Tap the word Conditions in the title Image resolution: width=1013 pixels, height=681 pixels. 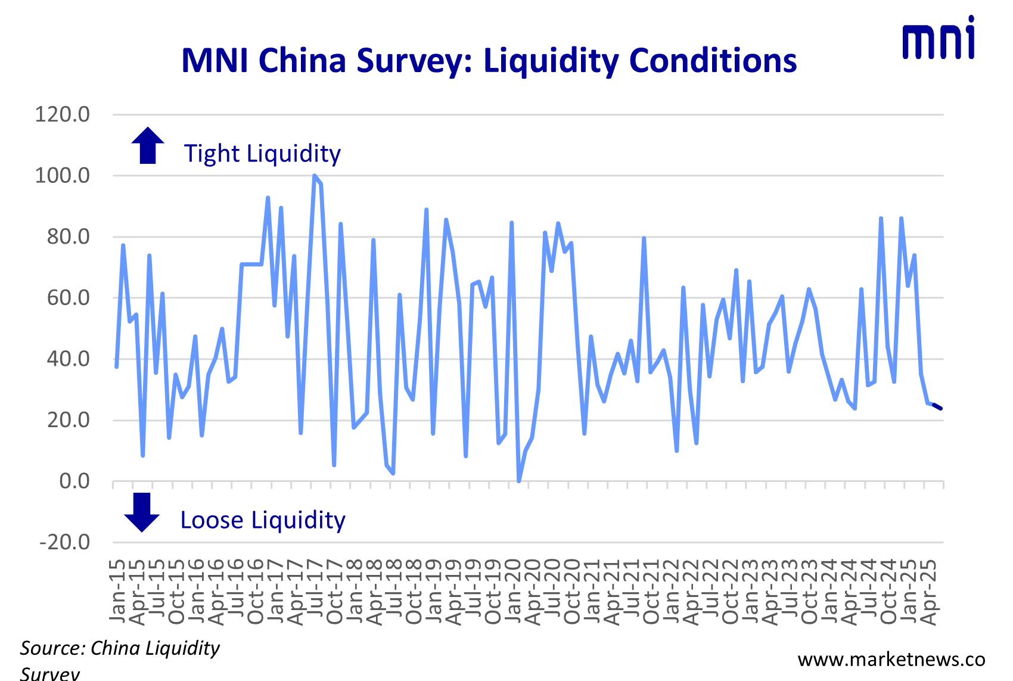713,61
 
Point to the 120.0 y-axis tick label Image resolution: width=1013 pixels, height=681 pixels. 63,114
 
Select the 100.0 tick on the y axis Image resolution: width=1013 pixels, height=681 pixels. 63,175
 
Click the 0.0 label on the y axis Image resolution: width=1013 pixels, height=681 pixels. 74,481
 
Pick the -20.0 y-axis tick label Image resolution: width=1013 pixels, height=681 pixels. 64,542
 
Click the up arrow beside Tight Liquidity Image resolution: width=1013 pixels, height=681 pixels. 147,145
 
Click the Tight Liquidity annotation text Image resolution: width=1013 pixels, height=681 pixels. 262,154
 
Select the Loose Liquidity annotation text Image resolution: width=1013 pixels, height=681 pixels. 263,520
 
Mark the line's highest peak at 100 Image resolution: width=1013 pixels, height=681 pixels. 314,176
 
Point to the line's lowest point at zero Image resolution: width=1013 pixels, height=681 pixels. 518,480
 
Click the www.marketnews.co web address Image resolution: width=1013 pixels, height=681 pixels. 891,660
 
